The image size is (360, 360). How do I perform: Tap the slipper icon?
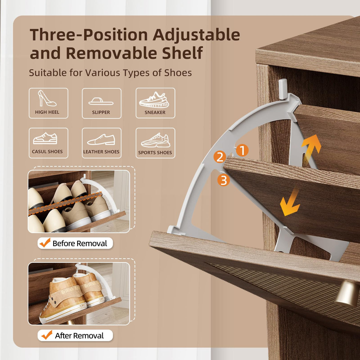click(x=101, y=102)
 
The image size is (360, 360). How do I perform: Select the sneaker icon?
click(x=154, y=100)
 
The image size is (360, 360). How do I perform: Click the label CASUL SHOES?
click(x=47, y=152)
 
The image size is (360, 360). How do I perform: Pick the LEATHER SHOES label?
click(x=101, y=152)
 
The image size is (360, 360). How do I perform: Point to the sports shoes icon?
click(x=156, y=140)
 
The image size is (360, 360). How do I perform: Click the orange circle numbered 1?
click(x=242, y=150)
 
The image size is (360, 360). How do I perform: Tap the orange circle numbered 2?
click(x=220, y=157)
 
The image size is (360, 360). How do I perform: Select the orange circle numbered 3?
click(x=224, y=180)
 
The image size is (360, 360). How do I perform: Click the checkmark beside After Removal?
click(x=47, y=335)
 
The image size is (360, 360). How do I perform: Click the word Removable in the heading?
click(x=111, y=53)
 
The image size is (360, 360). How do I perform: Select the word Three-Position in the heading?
click(x=89, y=35)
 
